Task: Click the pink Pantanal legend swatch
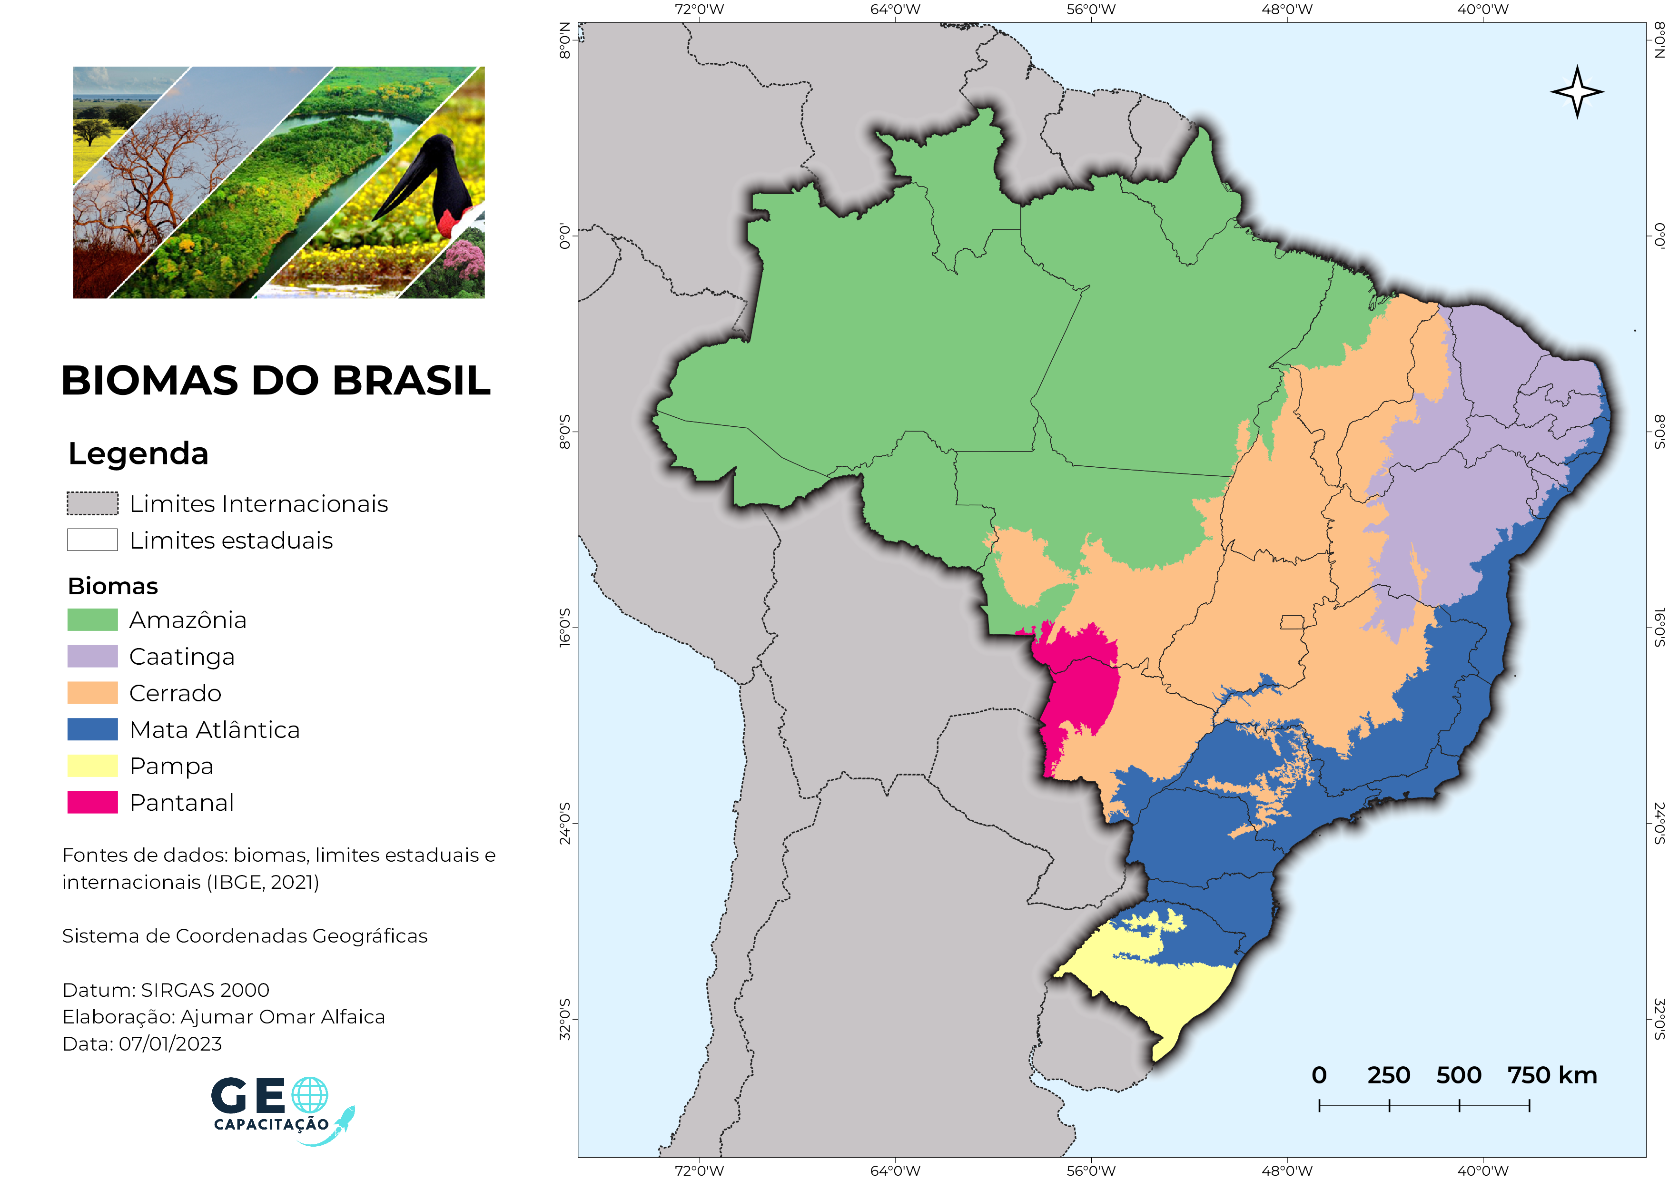pos(92,802)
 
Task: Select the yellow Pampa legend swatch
pos(92,766)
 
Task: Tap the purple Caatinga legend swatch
pos(92,656)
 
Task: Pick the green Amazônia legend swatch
pos(92,620)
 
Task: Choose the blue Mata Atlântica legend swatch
pos(92,729)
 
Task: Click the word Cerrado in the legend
pos(175,693)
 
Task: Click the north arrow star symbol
pos(1577,91)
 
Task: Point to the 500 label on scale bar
pos(1458,1075)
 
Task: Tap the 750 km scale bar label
pos(1552,1075)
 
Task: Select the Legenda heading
pos(138,453)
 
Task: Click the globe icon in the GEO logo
pos(310,1095)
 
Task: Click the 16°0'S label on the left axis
pos(565,628)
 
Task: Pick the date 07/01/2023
pos(170,1044)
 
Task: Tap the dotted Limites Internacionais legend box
pos(92,503)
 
